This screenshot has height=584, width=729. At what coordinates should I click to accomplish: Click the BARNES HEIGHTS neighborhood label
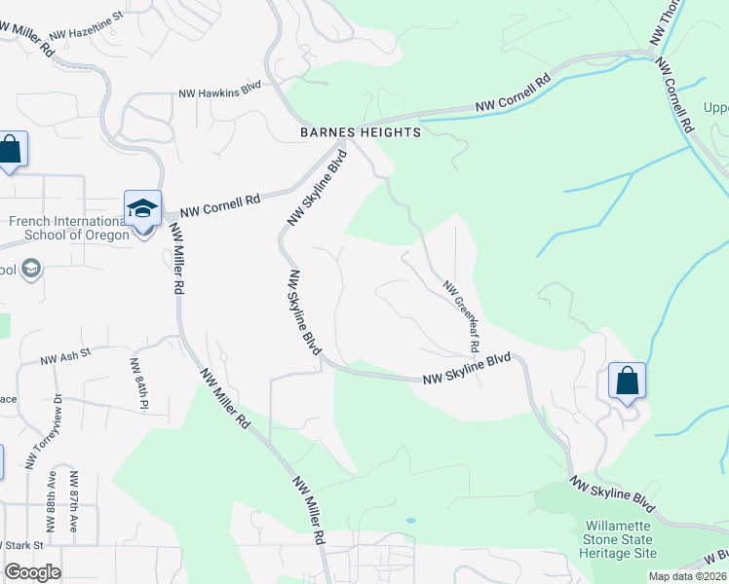pos(361,132)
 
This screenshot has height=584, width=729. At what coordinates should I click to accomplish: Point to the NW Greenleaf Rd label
pos(462,315)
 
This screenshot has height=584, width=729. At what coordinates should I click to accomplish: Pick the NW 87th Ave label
pos(74,502)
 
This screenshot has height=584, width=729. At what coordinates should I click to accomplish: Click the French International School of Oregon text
pos(68,228)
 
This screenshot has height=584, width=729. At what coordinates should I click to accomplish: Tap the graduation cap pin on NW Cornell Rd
pos(142,209)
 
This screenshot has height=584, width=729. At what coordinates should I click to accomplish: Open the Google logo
pos(32,571)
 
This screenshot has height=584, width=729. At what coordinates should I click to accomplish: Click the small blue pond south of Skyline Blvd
pos(410,521)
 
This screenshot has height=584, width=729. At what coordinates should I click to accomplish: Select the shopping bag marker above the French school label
pos(11,151)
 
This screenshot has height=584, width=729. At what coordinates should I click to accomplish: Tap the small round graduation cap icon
pos(30,269)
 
